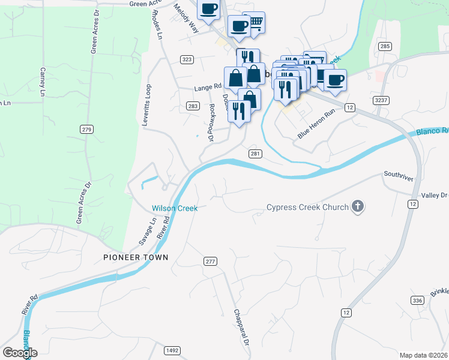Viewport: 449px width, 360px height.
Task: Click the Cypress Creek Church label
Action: (x=307, y=208)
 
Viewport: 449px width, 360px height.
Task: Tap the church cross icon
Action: (x=357, y=208)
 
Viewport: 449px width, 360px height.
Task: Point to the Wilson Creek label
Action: (x=175, y=208)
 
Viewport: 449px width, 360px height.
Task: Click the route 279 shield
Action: (x=87, y=129)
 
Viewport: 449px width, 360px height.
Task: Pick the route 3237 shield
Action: (x=379, y=100)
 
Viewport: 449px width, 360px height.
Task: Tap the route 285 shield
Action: (x=385, y=46)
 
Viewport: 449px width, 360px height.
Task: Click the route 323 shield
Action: (x=187, y=59)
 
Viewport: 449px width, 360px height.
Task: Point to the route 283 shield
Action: (x=192, y=106)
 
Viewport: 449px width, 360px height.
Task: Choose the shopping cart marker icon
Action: (x=255, y=23)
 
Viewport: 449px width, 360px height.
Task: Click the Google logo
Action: (x=20, y=353)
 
